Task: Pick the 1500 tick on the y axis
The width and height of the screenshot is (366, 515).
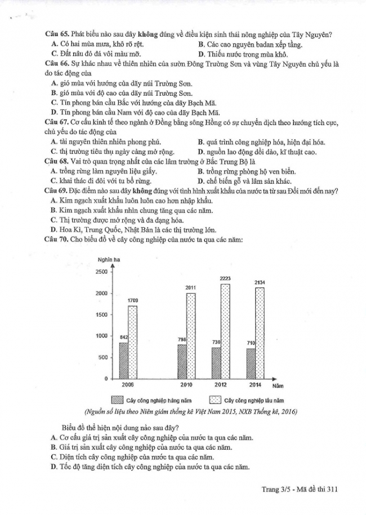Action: [x=101, y=314]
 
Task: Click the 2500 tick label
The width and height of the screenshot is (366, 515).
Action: [x=101, y=272]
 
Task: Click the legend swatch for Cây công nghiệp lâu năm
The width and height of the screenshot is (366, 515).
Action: [x=215, y=400]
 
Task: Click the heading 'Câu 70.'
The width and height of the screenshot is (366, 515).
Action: [x=57, y=240]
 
